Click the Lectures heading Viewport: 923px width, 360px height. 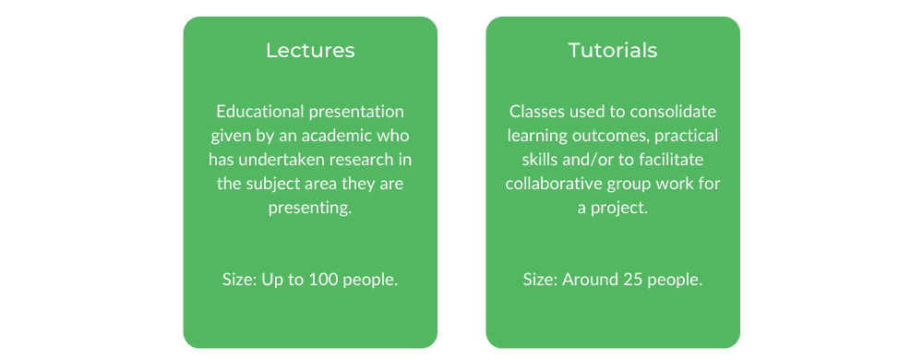click(310, 50)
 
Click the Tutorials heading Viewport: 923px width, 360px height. click(613, 50)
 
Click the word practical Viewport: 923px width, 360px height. click(688, 136)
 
